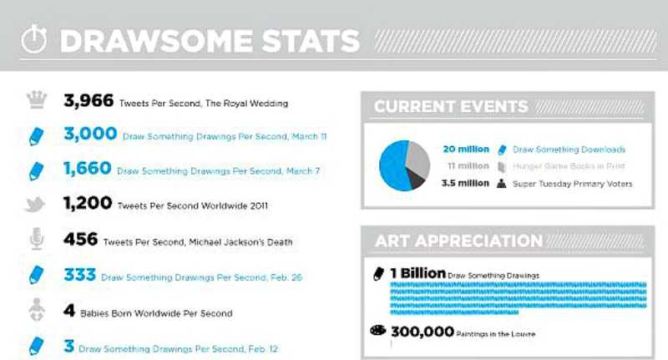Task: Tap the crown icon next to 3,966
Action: tap(36, 101)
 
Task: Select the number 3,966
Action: tap(89, 102)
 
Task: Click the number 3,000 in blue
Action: tap(90, 134)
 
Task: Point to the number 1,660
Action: tap(87, 170)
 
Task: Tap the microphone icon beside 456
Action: tap(36, 240)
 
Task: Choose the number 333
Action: tap(79, 275)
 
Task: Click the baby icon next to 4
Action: tap(36, 312)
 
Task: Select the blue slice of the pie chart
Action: tap(392, 167)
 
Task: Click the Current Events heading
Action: tap(451, 107)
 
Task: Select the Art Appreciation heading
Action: tap(458, 241)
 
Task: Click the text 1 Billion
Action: tap(416, 273)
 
